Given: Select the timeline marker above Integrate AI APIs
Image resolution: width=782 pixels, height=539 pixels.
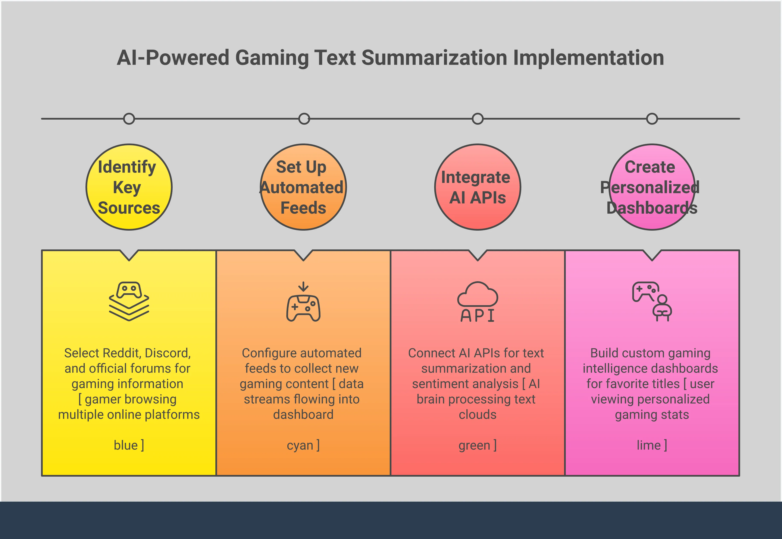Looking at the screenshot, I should pos(477,119).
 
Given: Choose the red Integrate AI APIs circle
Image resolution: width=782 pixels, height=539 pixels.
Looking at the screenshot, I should pos(477,187).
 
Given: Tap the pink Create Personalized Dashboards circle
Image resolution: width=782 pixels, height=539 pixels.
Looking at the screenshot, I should pos(652,187).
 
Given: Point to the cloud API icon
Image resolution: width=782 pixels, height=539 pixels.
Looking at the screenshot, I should pos(477,302).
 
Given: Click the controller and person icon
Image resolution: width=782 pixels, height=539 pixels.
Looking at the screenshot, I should pos(652,302).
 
